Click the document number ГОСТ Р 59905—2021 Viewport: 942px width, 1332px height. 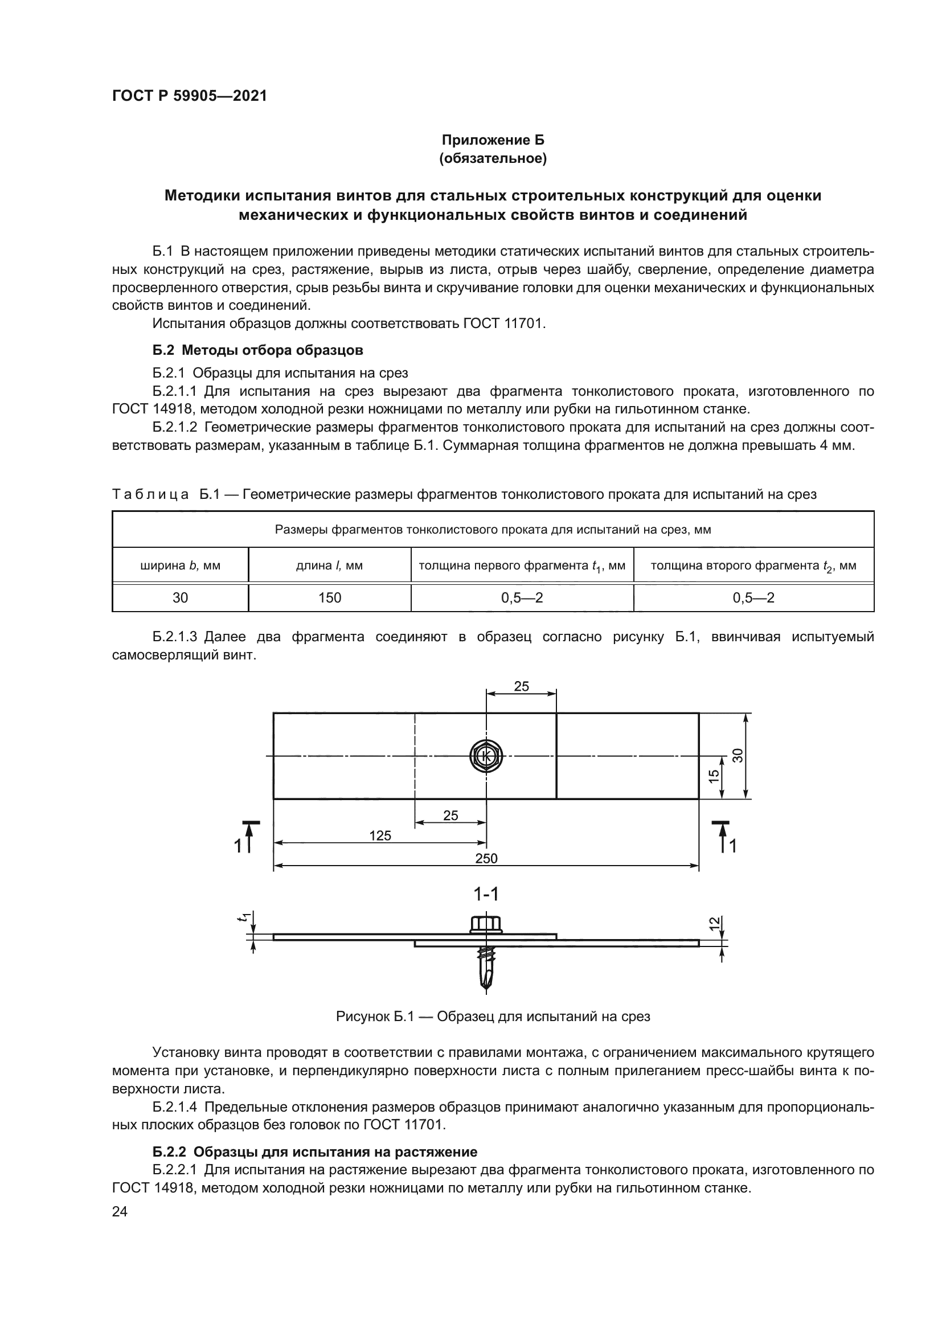190,96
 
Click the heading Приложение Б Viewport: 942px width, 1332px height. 493,140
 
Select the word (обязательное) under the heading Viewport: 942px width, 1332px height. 493,158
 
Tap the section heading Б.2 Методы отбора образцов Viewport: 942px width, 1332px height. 257,350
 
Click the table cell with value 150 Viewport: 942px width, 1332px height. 329,597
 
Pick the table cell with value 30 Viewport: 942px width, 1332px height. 181,597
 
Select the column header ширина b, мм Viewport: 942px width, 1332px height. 181,565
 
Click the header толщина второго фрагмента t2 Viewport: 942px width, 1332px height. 753,565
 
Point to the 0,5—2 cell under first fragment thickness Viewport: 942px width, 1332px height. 522,597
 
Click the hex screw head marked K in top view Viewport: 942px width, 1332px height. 486,756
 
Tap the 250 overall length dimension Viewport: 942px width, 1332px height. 486,859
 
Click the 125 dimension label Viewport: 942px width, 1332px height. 380,836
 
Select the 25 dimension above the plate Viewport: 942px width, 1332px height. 522,686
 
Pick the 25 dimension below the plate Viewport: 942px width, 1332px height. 450,815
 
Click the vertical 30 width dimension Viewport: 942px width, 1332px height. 738,755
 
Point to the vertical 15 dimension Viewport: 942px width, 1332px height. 715,774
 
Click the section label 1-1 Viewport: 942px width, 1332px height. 486,894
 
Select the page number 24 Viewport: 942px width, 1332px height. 120,1211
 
